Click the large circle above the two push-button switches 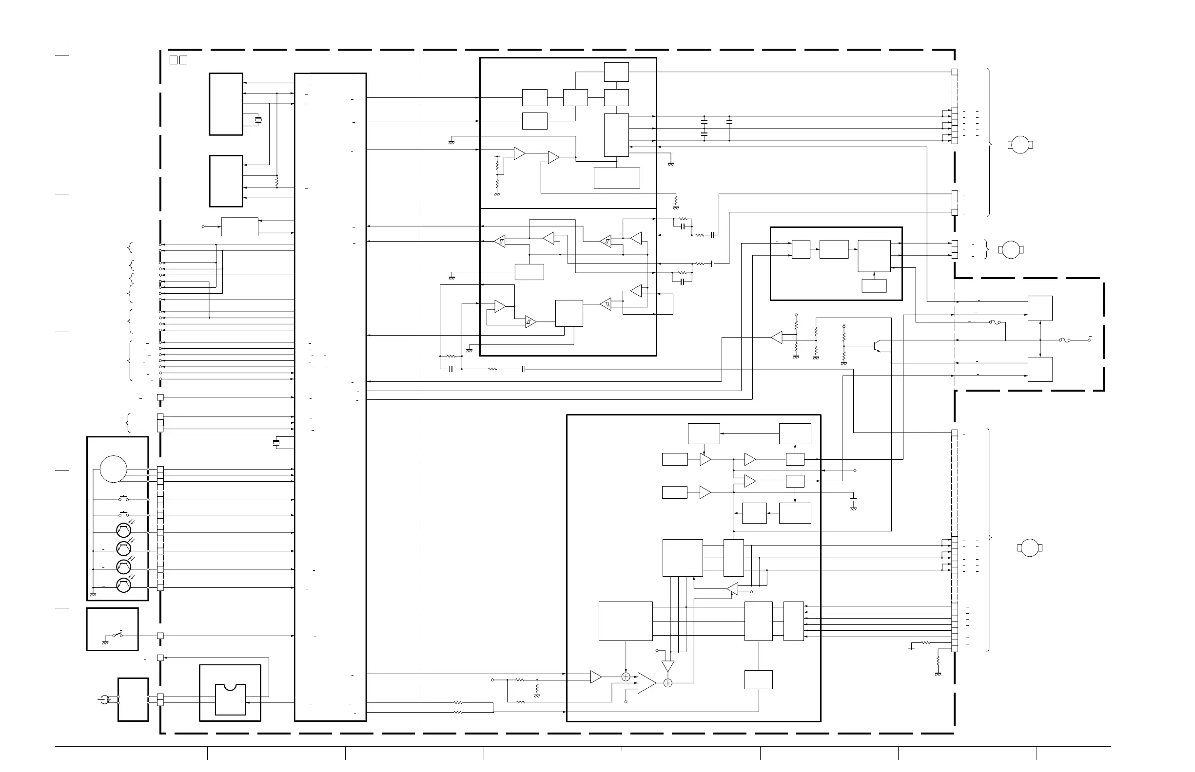click(x=114, y=469)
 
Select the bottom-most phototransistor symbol click(x=123, y=585)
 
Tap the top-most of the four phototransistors click(x=123, y=530)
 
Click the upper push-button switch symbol click(x=123, y=499)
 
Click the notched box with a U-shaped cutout click(x=230, y=699)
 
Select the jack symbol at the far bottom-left click(x=105, y=699)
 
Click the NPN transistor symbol click(x=876, y=345)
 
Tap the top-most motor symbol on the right click(x=1020, y=145)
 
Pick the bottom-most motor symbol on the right click(x=1029, y=548)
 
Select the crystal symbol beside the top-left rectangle click(x=258, y=120)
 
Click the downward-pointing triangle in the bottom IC click(x=668, y=666)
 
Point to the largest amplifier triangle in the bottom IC click(x=646, y=683)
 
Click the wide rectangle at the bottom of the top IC click(x=617, y=178)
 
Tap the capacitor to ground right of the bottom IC click(x=854, y=500)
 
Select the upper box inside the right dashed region click(x=1040, y=308)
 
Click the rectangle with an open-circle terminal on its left click(x=240, y=226)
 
